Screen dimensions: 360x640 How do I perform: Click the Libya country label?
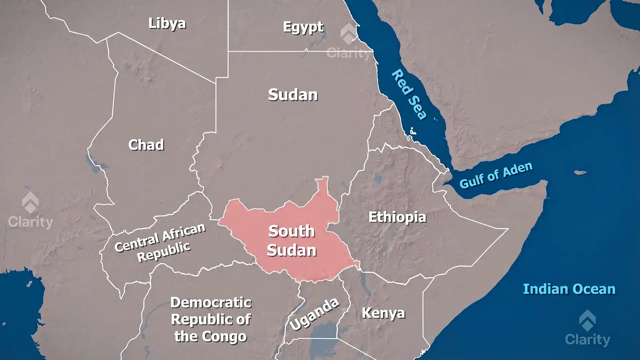pyautogui.click(x=167, y=23)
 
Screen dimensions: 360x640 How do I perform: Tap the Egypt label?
pyautogui.click(x=303, y=27)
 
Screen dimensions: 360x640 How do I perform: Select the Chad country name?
pyautogui.click(x=146, y=145)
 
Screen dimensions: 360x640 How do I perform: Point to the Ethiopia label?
pyautogui.click(x=397, y=217)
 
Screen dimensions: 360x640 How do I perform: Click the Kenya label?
pyautogui.click(x=383, y=313)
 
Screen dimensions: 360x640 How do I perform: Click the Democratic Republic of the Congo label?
pyautogui.click(x=211, y=319)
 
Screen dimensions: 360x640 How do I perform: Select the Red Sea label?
pyautogui.click(x=409, y=95)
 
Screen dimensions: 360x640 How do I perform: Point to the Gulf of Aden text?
pyautogui.click(x=496, y=175)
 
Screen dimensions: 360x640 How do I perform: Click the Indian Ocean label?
pyautogui.click(x=569, y=289)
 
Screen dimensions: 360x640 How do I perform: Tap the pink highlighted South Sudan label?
pyautogui.click(x=291, y=241)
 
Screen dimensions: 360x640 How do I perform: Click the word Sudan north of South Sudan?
pyautogui.click(x=293, y=95)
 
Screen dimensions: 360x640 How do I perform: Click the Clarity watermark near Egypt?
pyautogui.click(x=348, y=43)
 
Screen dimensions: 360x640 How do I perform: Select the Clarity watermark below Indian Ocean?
pyautogui.click(x=587, y=330)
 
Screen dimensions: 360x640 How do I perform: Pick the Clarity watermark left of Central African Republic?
pyautogui.click(x=30, y=212)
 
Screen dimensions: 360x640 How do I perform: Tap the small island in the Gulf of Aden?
pyautogui.click(x=580, y=172)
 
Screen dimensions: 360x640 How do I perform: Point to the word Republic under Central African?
pyautogui.click(x=164, y=251)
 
